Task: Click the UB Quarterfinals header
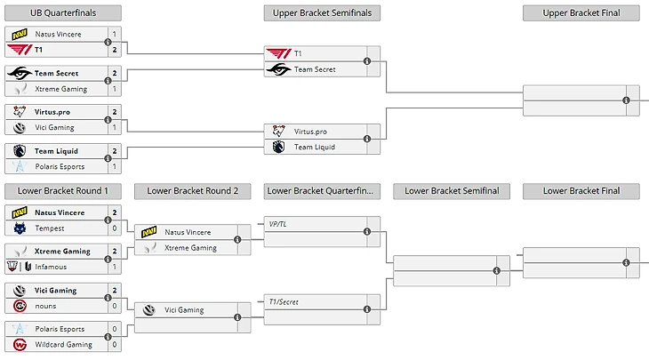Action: (63, 13)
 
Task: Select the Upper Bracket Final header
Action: (581, 13)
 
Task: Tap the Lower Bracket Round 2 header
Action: (193, 191)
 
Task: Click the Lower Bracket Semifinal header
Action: (452, 191)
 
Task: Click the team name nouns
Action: (46, 306)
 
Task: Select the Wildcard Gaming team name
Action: (63, 344)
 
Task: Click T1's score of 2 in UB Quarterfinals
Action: (115, 50)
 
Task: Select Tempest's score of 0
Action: (115, 228)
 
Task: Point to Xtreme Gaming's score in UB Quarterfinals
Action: (115, 89)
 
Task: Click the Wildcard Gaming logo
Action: (20, 344)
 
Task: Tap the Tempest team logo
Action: (20, 228)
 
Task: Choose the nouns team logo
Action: (20, 306)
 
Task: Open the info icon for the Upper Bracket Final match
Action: (626, 100)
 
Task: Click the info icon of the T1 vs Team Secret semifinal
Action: (367, 61)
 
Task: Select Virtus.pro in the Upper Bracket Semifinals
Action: (311, 132)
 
